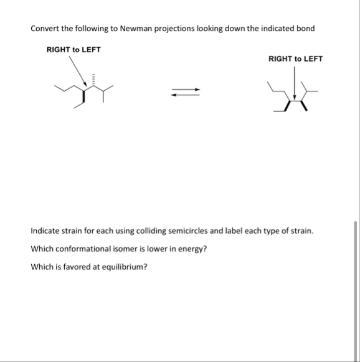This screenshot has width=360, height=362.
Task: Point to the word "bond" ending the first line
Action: tap(306, 29)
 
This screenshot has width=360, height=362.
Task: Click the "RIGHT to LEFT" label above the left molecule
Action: tap(73, 49)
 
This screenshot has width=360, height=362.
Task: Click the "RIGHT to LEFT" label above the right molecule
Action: tap(295, 59)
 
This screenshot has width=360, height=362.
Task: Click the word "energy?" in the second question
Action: tap(192, 249)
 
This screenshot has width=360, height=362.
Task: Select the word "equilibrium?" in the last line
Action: tap(125, 267)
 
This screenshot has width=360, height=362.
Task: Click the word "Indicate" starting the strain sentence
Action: tap(45, 231)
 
